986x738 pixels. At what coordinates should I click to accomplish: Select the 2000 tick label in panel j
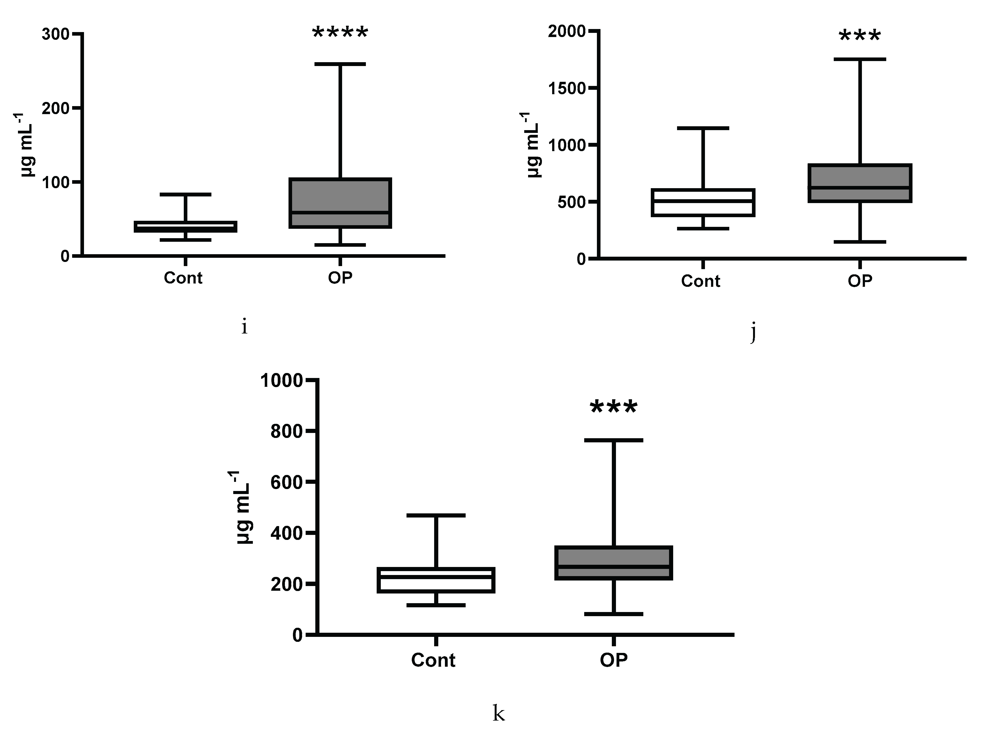pyautogui.click(x=567, y=32)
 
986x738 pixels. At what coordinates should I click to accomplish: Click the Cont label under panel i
pyautogui.click(x=183, y=278)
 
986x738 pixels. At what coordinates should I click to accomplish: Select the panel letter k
pyautogui.click(x=498, y=713)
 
